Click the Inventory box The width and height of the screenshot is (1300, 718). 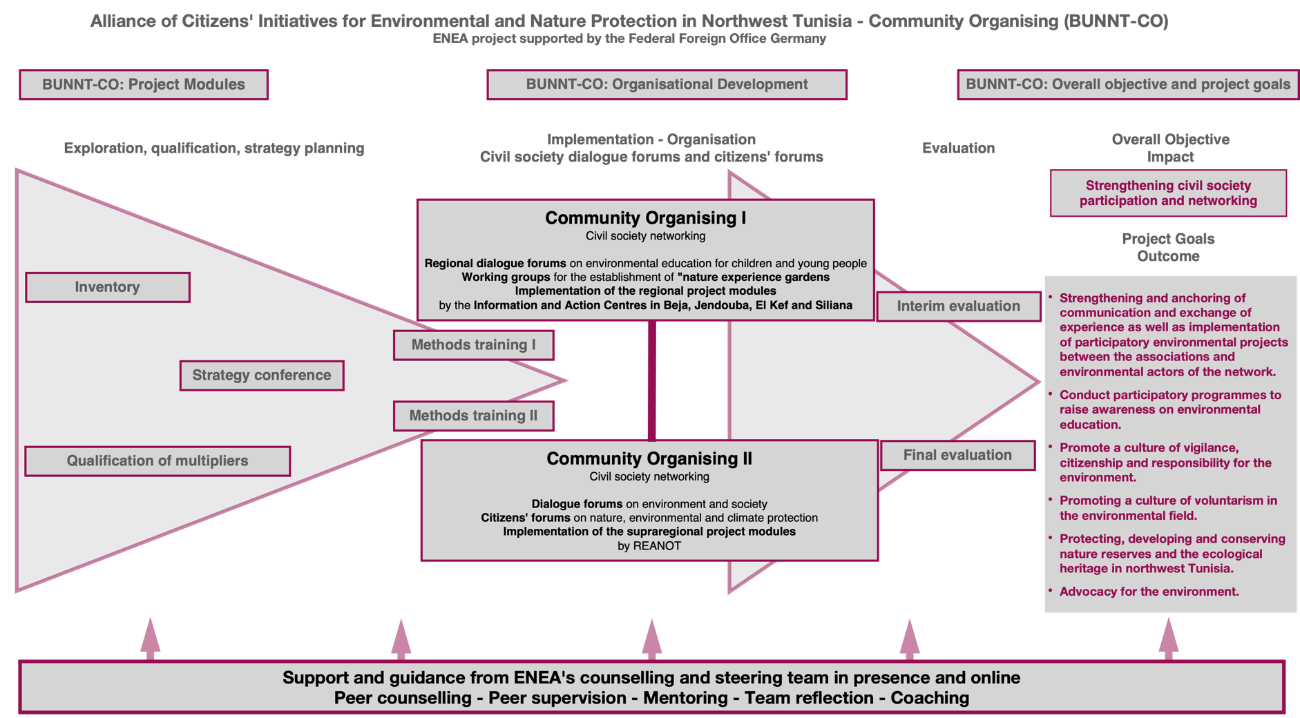point(108,287)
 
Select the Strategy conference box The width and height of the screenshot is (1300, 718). point(262,376)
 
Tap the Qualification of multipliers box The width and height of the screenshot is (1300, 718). point(157,461)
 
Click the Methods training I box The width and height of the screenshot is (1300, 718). point(474,345)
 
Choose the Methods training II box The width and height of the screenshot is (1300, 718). point(474,416)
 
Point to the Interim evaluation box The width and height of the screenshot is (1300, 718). point(959,307)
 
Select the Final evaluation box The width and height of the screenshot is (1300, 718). point(957,455)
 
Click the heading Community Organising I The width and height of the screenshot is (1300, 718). point(645,218)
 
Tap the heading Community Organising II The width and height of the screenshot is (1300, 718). point(649,459)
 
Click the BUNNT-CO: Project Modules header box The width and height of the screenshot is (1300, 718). point(144,85)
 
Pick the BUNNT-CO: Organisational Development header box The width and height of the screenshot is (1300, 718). point(667,85)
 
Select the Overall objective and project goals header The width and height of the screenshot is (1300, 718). point(1127,85)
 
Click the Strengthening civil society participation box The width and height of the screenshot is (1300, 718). point(1168,193)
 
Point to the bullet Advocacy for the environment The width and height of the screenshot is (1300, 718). point(1149,592)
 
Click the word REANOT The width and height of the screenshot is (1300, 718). point(657,546)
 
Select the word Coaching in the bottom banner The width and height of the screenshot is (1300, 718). point(930,698)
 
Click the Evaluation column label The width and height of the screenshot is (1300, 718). point(958,148)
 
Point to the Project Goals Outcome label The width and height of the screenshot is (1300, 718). point(1168,247)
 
